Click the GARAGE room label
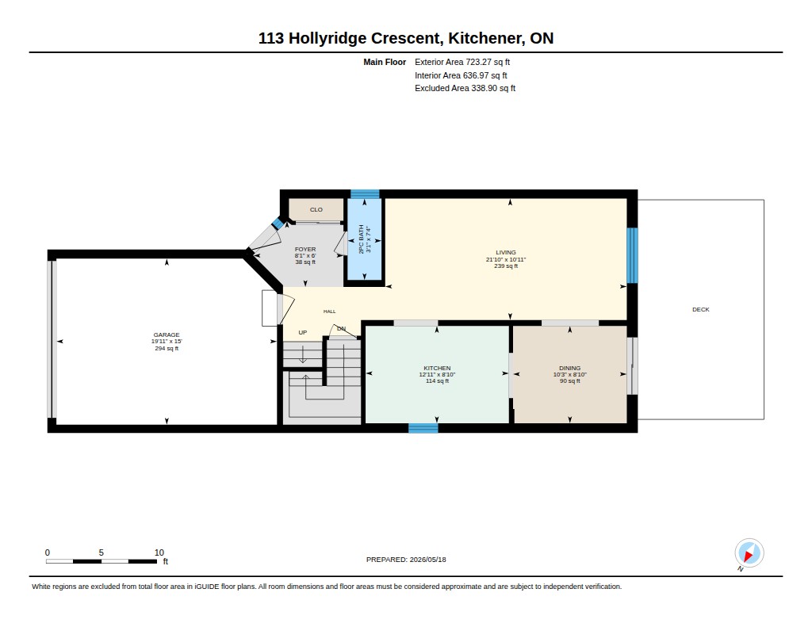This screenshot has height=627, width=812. tap(167, 335)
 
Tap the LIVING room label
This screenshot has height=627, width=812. tap(505, 253)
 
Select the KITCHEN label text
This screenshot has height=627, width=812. tap(437, 368)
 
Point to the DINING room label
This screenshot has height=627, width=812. tap(569, 368)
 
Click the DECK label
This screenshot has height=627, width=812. tap(701, 310)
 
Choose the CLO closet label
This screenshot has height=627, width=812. tap(316, 210)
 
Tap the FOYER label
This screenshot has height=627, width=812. tap(305, 250)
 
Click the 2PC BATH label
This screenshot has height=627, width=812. tap(362, 239)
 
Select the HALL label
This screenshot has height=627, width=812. tap(329, 312)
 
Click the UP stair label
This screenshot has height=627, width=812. tap(302, 332)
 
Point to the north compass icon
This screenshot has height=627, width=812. tap(749, 553)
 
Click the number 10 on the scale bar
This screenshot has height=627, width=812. tap(159, 552)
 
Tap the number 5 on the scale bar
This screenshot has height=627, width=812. tap(101, 552)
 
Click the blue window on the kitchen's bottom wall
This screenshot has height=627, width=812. tap(423, 428)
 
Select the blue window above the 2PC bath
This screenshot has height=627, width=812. tap(365, 194)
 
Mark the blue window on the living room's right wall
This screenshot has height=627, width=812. tap(632, 255)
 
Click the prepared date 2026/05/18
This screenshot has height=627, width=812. tap(427, 560)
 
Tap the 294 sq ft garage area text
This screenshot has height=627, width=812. tap(167, 349)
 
